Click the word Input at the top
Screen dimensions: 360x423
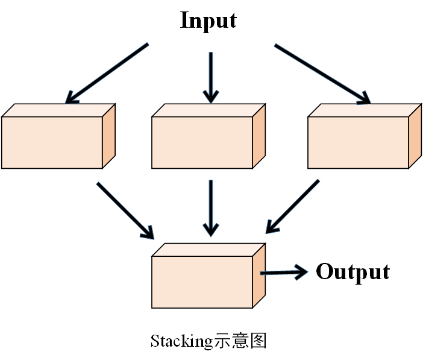208,20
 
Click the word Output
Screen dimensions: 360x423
352,272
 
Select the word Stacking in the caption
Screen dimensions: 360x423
181,341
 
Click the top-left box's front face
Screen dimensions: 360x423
51,142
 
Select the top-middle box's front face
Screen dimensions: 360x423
201,142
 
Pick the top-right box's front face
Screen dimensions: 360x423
358,142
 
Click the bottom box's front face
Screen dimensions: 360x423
201,282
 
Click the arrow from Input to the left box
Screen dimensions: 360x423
107,72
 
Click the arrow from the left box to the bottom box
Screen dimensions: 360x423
125,209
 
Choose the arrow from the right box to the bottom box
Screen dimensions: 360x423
293,206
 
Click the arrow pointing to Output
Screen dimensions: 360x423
283,273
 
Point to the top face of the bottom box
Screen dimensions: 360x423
208,250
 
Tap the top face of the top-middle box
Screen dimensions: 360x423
208,110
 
